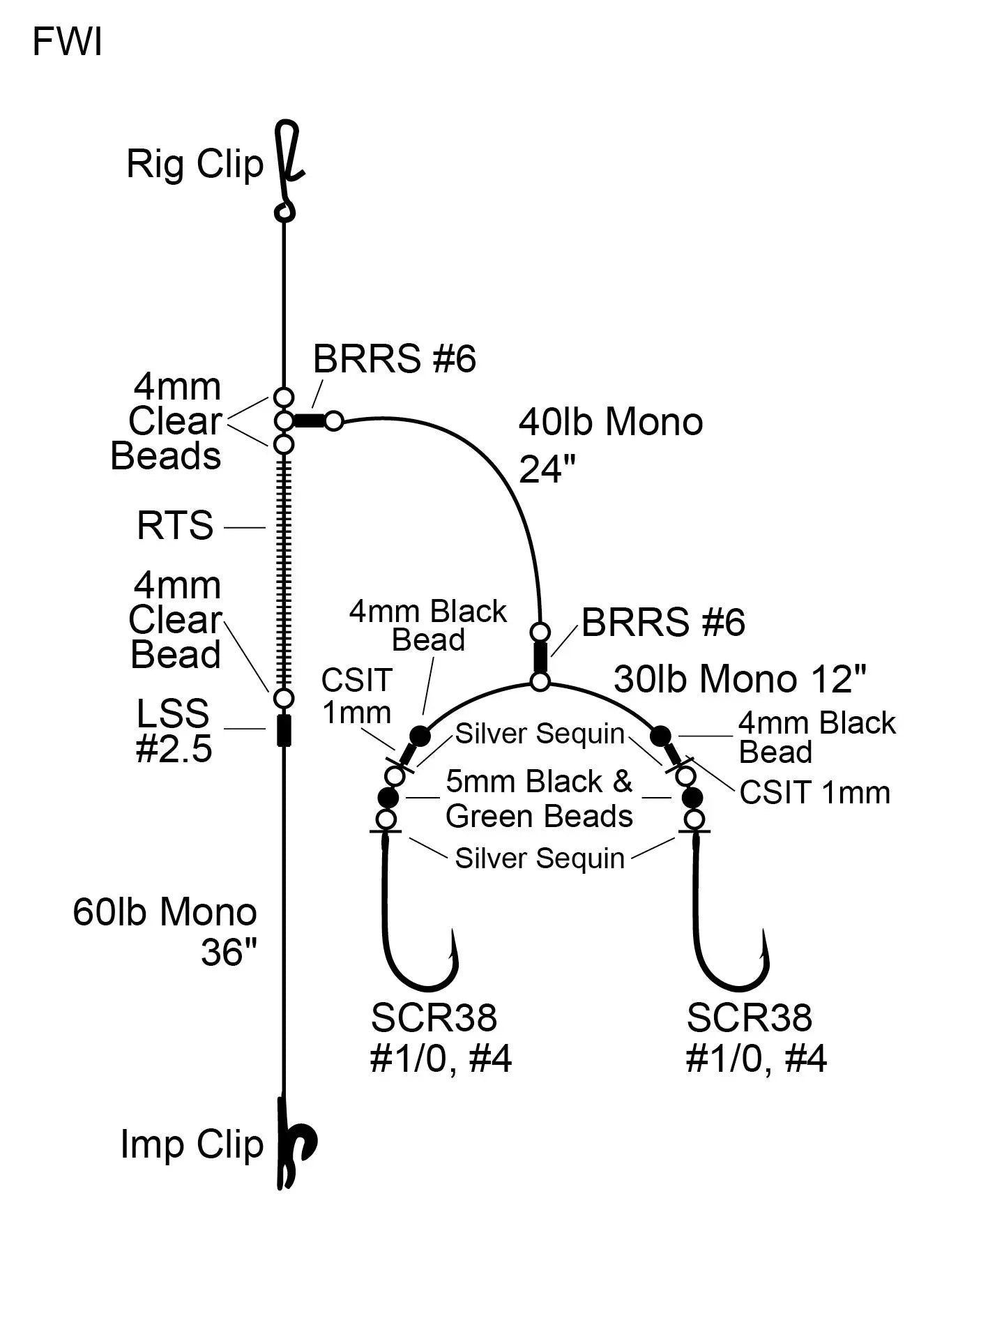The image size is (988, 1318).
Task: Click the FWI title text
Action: click(x=67, y=43)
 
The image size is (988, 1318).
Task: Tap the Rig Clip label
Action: click(x=195, y=165)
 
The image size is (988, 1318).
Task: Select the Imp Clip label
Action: click(x=192, y=1144)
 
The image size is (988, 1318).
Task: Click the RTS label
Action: click(x=175, y=526)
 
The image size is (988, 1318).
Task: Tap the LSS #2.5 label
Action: click(x=173, y=731)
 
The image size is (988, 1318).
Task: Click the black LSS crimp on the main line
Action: click(x=283, y=730)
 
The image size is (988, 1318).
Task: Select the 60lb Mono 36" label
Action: click(x=165, y=931)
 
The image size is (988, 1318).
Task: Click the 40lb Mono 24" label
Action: click(x=611, y=445)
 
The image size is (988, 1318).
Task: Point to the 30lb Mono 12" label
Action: click(x=740, y=679)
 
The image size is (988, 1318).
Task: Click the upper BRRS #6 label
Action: click(x=394, y=360)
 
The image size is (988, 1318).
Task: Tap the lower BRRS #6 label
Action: click(x=663, y=622)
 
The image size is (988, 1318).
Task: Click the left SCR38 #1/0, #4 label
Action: click(x=440, y=1038)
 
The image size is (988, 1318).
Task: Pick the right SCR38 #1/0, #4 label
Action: click(x=755, y=1038)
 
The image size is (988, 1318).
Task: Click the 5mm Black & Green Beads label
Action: click(x=539, y=799)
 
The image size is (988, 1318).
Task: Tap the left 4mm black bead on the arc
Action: click(x=419, y=735)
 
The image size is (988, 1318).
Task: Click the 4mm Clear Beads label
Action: click(x=171, y=421)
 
